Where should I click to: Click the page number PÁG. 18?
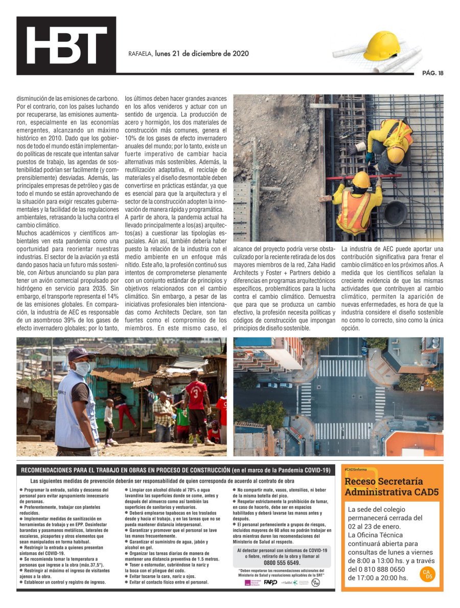pos(432,73)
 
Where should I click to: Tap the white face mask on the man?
pos(82,368)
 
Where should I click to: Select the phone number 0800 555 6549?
pos(282,562)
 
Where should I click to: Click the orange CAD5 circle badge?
pos(427,574)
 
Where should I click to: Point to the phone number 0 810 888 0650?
pos(376,569)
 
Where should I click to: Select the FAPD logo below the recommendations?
pos(270,582)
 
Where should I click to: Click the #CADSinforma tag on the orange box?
pos(356,469)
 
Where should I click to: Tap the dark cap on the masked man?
pos(80,353)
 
